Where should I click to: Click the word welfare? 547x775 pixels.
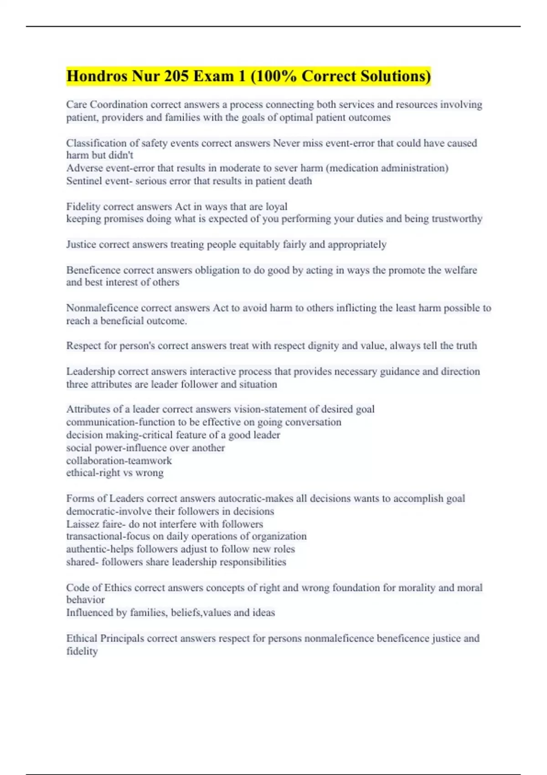click(x=460, y=270)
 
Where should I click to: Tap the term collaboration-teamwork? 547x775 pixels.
click(x=119, y=460)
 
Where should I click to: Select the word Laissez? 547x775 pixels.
click(x=83, y=524)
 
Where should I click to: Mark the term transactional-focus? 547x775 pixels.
click(x=108, y=536)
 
